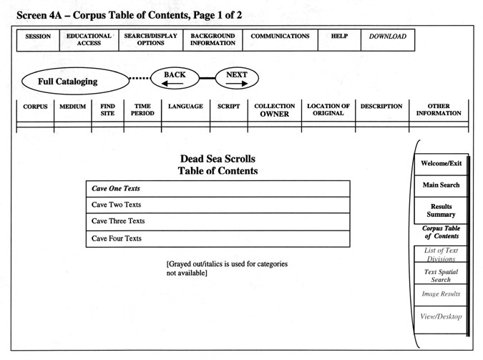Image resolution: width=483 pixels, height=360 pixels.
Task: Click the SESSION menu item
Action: pyautogui.click(x=38, y=40)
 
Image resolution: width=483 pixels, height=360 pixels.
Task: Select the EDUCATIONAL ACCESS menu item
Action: pyautogui.click(x=89, y=40)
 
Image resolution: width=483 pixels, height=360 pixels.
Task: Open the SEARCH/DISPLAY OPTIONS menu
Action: pyautogui.click(x=151, y=40)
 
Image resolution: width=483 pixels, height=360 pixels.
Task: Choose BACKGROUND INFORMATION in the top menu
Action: pyautogui.click(x=213, y=40)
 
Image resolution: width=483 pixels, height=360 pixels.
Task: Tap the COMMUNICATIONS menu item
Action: pyautogui.click(x=280, y=40)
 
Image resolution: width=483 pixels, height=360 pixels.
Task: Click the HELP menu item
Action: pyautogui.click(x=339, y=40)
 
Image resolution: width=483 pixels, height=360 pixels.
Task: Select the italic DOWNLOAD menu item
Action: pyautogui.click(x=388, y=40)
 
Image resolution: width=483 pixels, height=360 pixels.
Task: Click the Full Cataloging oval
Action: pyautogui.click(x=75, y=81)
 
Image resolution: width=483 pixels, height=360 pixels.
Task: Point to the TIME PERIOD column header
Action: pyautogui.click(x=142, y=110)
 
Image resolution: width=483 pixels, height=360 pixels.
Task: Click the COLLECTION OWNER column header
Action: pyautogui.click(x=275, y=110)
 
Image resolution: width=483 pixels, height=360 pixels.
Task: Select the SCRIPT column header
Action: pyautogui.click(x=228, y=107)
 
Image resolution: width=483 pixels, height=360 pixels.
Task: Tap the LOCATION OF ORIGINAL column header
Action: pyautogui.click(x=328, y=110)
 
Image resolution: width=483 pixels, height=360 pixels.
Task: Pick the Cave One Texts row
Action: pyautogui.click(x=218, y=189)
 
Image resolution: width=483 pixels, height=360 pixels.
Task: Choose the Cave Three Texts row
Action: pyautogui.click(x=218, y=221)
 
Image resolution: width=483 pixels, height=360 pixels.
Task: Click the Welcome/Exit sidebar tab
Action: pyautogui.click(x=441, y=165)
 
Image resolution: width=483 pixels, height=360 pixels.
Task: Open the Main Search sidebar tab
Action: pyautogui.click(x=441, y=186)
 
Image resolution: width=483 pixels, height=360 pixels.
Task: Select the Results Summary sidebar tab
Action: pyautogui.click(x=441, y=210)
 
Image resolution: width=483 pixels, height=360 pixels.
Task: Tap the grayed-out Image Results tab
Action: pyautogui.click(x=441, y=295)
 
